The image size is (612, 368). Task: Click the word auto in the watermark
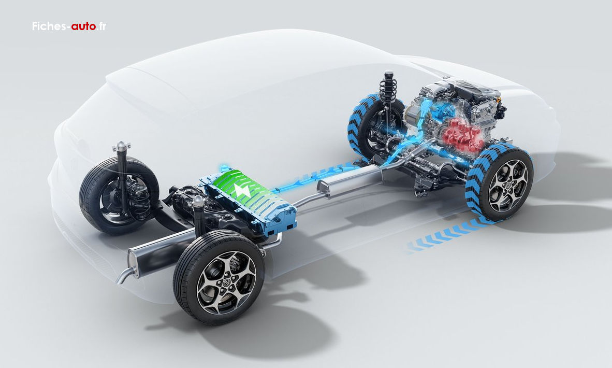tap(83, 26)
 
